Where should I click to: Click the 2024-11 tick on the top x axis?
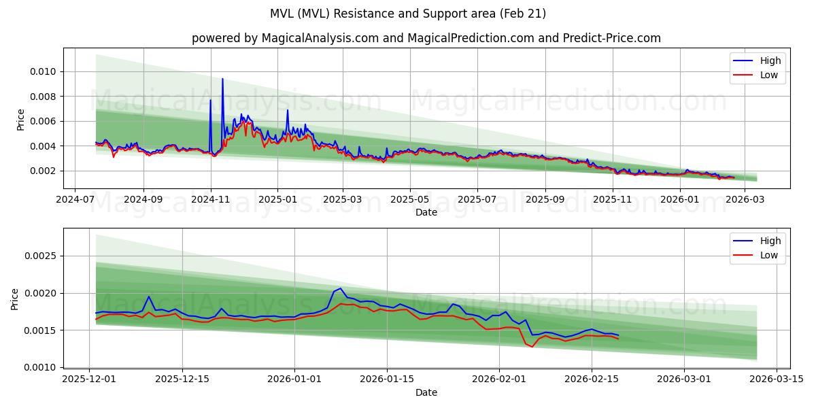click(x=210, y=200)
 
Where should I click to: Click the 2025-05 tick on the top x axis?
click(x=409, y=200)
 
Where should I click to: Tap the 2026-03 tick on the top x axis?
click(x=747, y=200)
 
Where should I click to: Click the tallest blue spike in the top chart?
click(x=222, y=79)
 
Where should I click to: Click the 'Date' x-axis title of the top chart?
click(x=426, y=212)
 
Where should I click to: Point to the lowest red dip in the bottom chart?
click(x=532, y=347)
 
